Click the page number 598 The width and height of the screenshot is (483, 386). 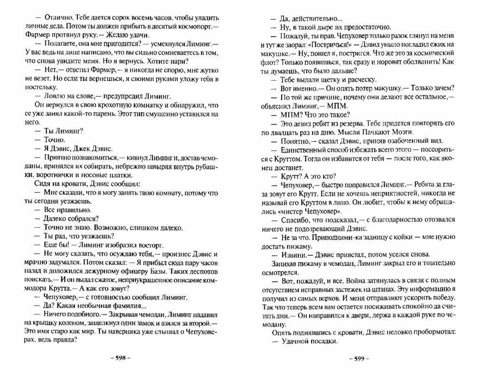[x=120, y=358]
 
